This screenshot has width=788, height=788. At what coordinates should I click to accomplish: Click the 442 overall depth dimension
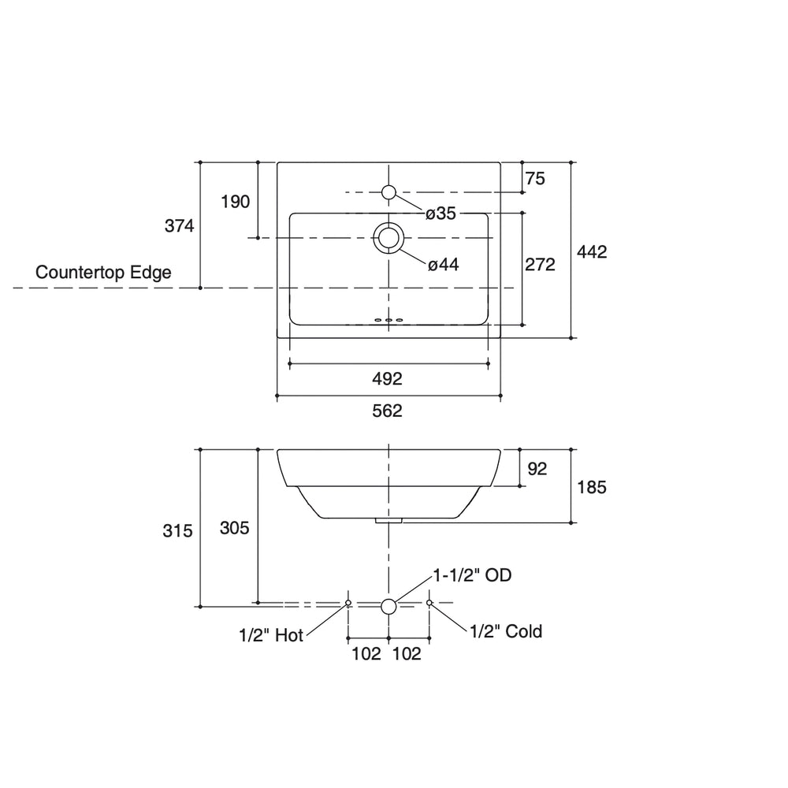[x=592, y=251]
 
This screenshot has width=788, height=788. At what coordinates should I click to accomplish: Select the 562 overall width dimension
[x=388, y=411]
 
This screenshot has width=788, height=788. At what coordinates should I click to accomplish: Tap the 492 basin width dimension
[x=388, y=379]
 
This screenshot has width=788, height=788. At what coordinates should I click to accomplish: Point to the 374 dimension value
[x=179, y=226]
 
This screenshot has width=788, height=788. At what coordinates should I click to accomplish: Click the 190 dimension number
[x=235, y=202]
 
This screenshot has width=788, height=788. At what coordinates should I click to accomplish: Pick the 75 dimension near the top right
[x=535, y=179]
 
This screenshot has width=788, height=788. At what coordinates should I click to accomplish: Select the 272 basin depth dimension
[x=540, y=265]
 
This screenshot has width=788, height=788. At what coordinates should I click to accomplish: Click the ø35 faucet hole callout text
[x=441, y=214]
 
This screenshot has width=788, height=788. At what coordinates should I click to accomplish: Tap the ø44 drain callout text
[x=443, y=266]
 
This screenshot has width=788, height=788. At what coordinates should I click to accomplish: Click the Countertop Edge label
[x=104, y=273]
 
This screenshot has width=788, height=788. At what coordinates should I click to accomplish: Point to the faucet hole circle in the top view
[x=388, y=192]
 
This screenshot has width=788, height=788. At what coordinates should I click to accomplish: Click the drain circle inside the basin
[x=388, y=237]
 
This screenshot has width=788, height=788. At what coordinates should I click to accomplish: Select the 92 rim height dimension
[x=537, y=469]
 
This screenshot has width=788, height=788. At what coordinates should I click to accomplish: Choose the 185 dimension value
[x=592, y=487]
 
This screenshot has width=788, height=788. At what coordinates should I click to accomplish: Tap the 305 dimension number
[x=235, y=528]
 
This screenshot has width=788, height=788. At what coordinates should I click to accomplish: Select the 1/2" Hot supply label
[x=271, y=635]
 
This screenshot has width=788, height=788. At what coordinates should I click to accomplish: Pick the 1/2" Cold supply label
[x=506, y=631]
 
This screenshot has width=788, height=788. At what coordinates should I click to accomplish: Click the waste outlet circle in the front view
[x=388, y=606]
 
